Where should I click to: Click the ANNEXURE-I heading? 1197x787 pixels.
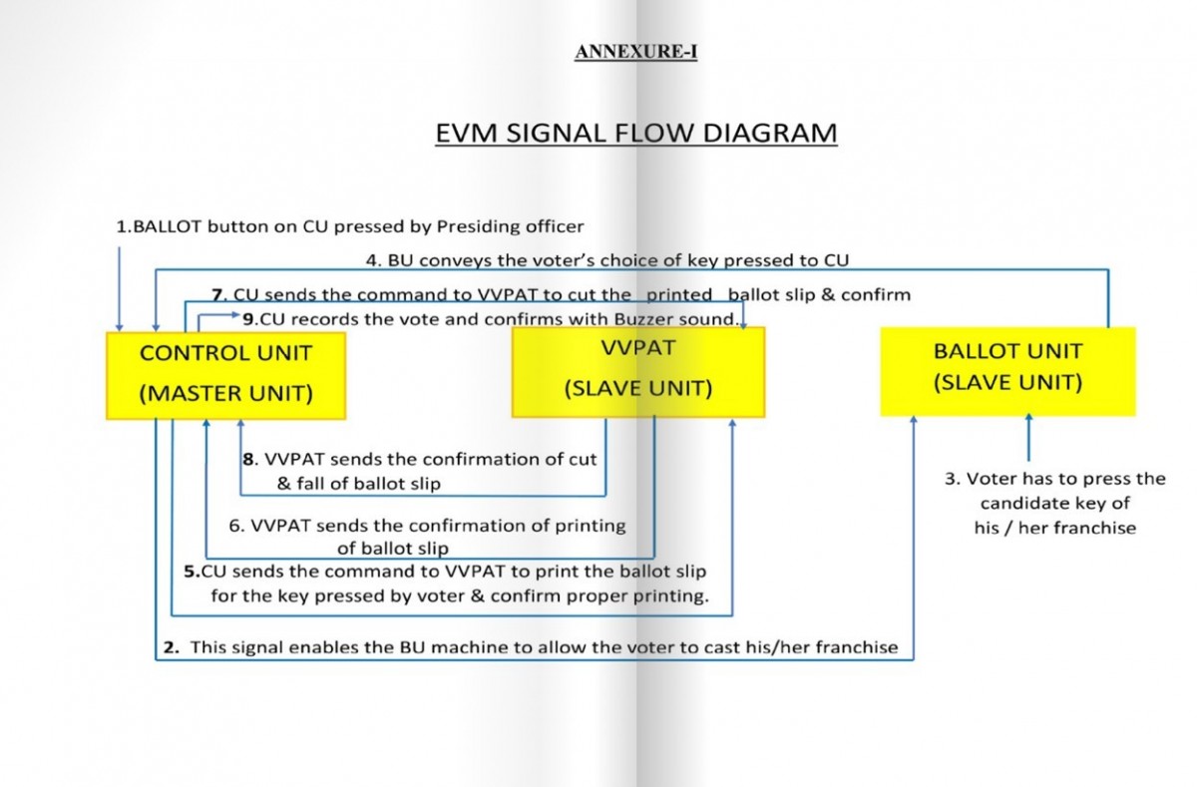[635, 53]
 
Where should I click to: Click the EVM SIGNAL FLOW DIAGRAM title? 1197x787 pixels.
[635, 133]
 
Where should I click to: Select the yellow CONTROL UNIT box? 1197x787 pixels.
[225, 374]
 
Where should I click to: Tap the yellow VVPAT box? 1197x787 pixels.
[638, 371]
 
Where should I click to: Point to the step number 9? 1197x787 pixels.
[248, 320]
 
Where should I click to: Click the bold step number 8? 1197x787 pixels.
[248, 460]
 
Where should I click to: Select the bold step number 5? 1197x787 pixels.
[191, 572]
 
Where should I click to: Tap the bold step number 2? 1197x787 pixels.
[171, 647]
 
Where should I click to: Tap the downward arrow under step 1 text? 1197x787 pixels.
[120, 289]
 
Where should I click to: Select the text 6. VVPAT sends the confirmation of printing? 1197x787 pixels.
[427, 526]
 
